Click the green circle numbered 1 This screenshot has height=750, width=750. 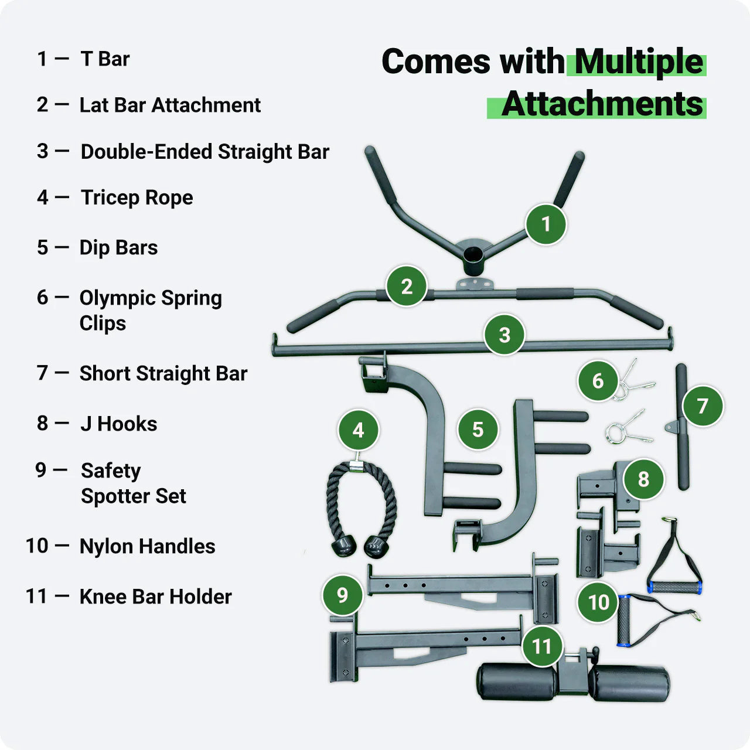(546, 224)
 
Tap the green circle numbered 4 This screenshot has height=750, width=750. (358, 430)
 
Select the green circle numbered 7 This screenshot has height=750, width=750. (703, 405)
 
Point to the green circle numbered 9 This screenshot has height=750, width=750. (342, 595)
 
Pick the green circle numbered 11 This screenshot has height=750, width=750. (542, 646)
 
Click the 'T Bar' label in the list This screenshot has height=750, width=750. (105, 59)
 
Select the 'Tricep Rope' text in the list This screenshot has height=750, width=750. (137, 197)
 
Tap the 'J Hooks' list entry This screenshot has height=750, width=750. (118, 424)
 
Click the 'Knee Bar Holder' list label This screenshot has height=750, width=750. (155, 596)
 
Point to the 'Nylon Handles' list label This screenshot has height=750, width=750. (147, 546)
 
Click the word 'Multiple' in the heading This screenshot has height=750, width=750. (638, 62)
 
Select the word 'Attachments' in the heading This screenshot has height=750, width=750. (602, 104)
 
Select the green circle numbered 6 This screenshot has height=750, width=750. (598, 381)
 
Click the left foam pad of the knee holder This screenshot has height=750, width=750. (516, 682)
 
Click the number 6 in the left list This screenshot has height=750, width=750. (42, 298)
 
